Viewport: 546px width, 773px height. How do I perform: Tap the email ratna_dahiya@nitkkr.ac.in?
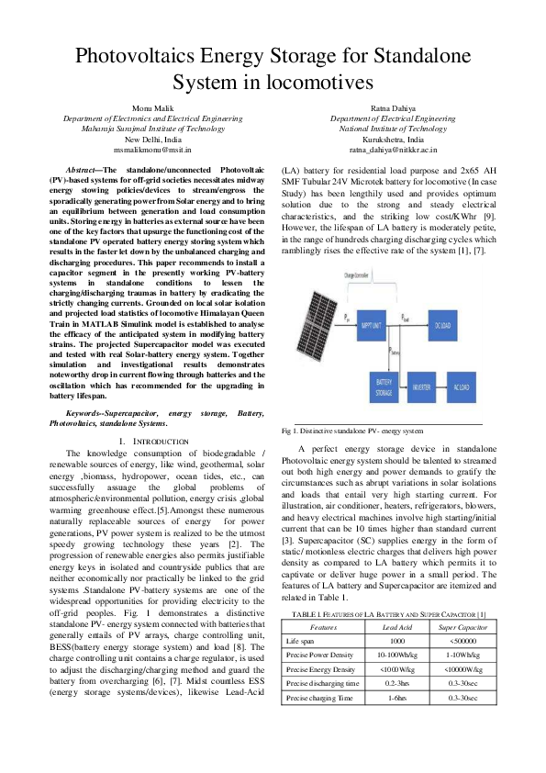385,147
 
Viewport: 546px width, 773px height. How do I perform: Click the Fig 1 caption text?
351,430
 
